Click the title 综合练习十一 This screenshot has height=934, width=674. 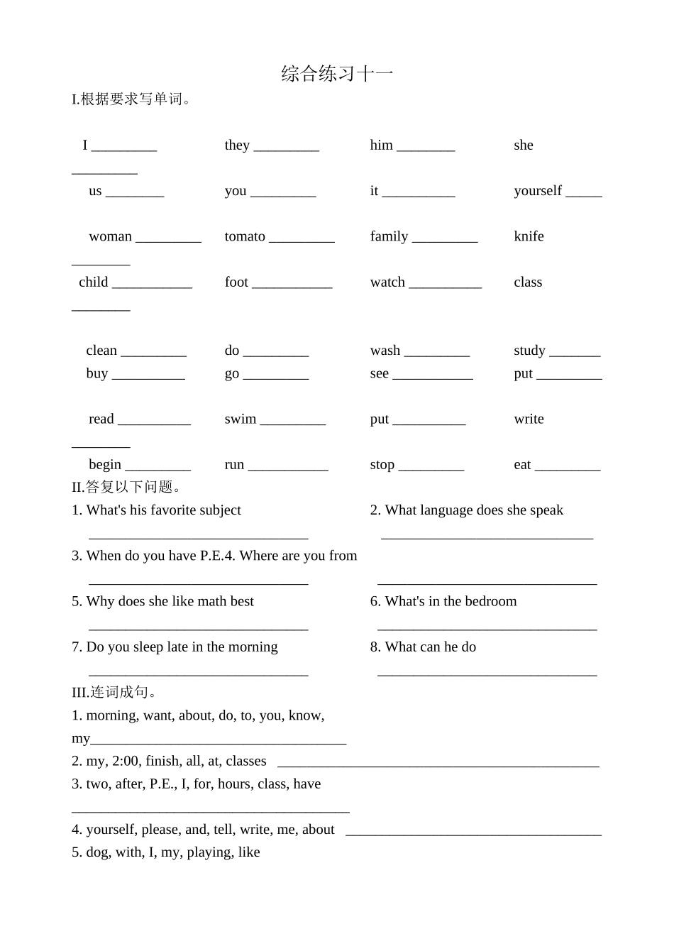pos(337,74)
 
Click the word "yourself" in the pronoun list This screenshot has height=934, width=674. pos(537,191)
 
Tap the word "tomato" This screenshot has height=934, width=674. pos(245,236)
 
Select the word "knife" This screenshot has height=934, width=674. pos(529,236)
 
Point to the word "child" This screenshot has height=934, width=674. pos(94,282)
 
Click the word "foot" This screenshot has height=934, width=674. pos(236,282)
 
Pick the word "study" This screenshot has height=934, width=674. pos(529,351)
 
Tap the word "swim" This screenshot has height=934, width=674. pos(241,419)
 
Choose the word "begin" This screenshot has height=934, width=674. pos(105,465)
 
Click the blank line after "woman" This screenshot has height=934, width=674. pos(168,241)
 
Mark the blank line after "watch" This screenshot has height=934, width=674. pos(445,287)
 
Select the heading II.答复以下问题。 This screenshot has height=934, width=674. pos(128,487)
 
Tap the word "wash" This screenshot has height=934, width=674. pos(385,351)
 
